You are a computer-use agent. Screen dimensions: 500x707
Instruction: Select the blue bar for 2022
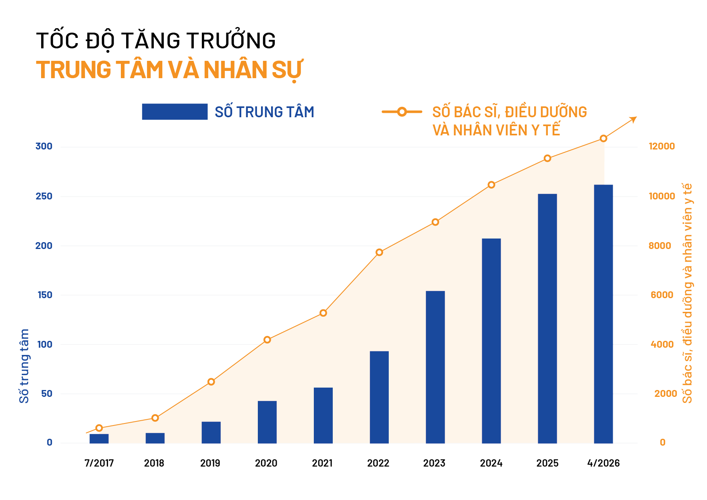(379, 397)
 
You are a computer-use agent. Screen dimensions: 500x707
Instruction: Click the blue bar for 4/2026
(603, 314)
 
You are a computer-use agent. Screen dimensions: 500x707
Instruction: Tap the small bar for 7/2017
(99, 438)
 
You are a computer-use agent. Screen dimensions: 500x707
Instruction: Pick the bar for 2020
(267, 422)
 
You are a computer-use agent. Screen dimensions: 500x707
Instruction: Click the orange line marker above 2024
(491, 185)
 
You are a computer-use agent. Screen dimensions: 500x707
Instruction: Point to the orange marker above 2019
(211, 382)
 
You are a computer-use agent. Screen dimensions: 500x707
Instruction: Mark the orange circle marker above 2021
(323, 313)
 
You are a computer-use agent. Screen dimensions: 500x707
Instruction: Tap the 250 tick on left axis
(44, 196)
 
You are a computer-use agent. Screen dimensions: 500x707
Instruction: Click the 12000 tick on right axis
(661, 146)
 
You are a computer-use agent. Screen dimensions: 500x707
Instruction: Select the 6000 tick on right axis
(661, 295)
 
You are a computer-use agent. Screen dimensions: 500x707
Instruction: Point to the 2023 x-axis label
(434, 463)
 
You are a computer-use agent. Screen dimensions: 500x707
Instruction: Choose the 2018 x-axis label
(154, 463)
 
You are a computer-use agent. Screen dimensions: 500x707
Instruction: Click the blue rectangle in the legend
(174, 112)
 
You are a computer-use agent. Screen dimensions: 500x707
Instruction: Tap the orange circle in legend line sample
(402, 112)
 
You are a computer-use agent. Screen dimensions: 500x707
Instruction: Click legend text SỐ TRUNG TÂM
(264, 112)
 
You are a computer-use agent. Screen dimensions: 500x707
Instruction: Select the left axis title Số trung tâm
(25, 366)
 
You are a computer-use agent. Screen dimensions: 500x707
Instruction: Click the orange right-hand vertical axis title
(687, 293)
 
